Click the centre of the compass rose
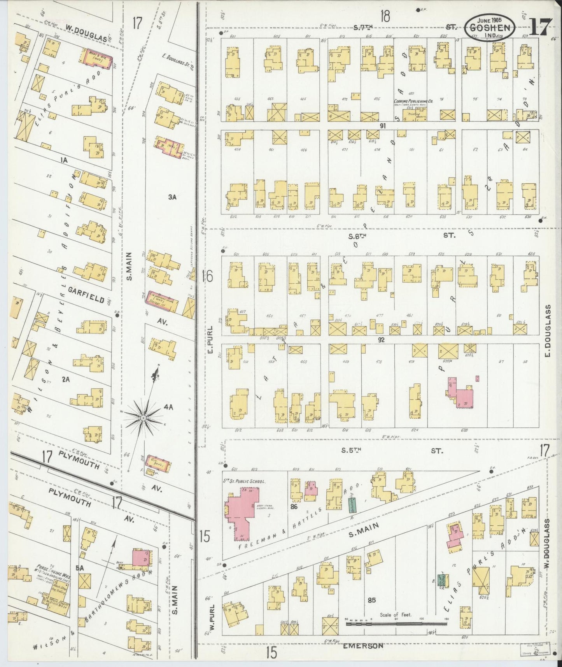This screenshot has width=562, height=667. click(143, 418)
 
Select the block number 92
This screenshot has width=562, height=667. click(381, 339)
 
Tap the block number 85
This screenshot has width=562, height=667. click(371, 611)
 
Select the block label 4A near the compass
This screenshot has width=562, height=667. click(168, 407)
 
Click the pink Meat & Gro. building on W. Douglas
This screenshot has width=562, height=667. click(97, 59)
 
